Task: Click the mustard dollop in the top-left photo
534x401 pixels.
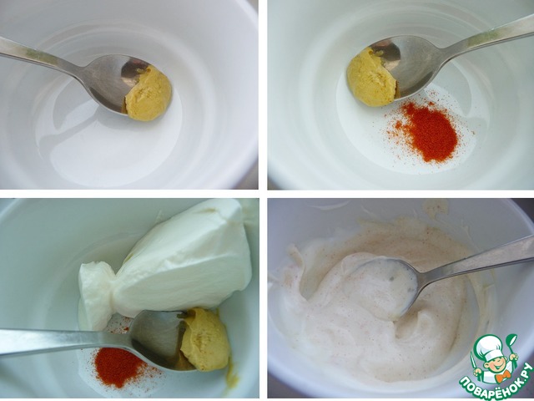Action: [x=149, y=94]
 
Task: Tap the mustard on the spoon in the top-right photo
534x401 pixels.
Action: [x=371, y=78]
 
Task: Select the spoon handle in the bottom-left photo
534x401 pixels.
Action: [x=65, y=341]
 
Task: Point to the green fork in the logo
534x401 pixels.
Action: [x=475, y=362]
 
